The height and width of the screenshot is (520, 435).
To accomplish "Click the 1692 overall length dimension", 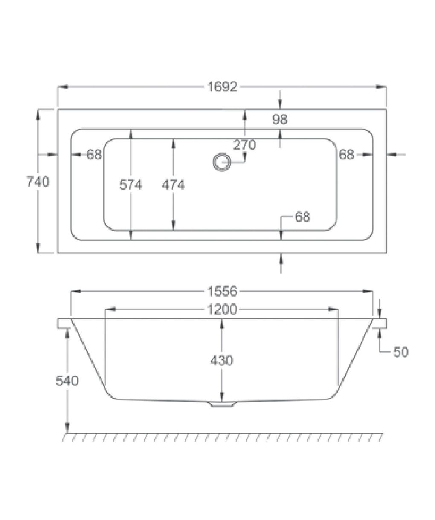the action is pyautogui.click(x=222, y=87).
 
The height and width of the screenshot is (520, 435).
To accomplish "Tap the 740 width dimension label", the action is pyautogui.click(x=38, y=182).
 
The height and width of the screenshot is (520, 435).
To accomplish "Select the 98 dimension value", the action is pyautogui.click(x=280, y=119).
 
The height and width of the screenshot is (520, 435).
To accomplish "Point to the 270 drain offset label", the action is pyautogui.click(x=244, y=145).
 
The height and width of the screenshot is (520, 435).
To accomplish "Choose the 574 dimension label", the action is pyautogui.click(x=130, y=185).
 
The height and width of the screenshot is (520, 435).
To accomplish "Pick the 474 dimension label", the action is pyautogui.click(x=173, y=185).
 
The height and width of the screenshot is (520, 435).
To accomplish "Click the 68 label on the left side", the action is pyautogui.click(x=94, y=155).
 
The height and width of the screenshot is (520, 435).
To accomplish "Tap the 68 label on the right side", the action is pyautogui.click(x=346, y=155).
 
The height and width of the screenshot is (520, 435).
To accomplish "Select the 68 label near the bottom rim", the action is pyautogui.click(x=302, y=217).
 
